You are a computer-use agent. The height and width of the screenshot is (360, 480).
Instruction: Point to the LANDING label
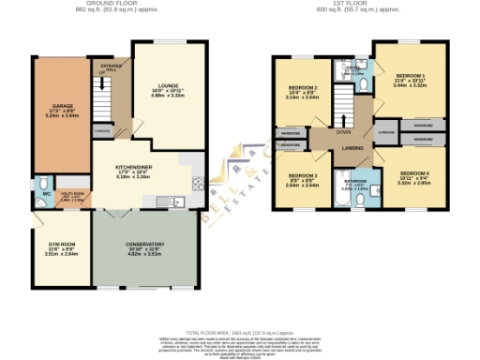pyautogui.click(x=353, y=148)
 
